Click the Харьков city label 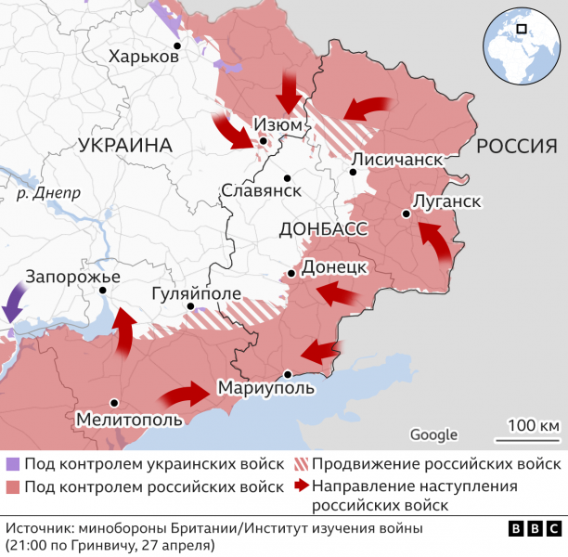(143, 57)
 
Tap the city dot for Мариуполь (289, 374)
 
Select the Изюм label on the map (278, 123)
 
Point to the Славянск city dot (288, 177)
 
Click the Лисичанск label (396, 160)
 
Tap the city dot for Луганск (406, 214)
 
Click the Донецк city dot (291, 274)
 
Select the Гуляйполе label (196, 294)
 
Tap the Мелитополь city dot (113, 402)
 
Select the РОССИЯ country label (516, 146)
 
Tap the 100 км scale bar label (534, 425)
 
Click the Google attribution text (433, 434)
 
